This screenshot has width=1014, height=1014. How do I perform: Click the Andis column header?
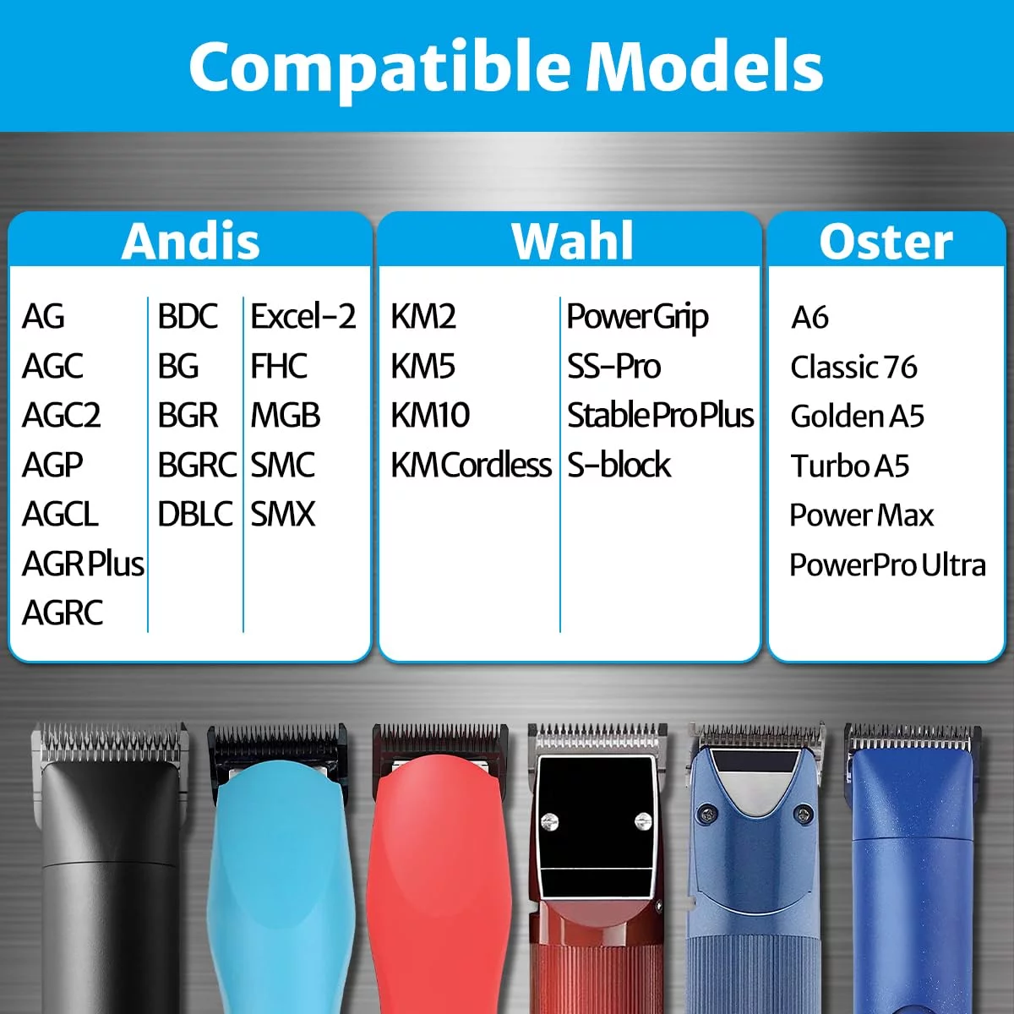[190, 242]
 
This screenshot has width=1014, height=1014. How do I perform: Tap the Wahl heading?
[572, 241]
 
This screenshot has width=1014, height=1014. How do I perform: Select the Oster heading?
[886, 242]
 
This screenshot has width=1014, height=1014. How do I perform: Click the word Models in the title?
[704, 68]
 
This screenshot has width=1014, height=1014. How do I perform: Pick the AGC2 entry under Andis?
[61, 415]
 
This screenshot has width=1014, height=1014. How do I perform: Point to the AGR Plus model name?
[83, 564]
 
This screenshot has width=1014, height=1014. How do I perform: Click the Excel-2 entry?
[303, 316]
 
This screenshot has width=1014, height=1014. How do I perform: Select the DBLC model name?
[195, 514]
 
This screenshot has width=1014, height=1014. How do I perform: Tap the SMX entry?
[282, 514]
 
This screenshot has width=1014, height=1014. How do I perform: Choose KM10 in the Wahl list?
[430, 415]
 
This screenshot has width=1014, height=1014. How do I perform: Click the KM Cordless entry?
[471, 465]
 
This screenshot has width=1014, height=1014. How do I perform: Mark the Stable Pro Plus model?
[661, 415]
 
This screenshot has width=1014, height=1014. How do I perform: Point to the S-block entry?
[619, 465]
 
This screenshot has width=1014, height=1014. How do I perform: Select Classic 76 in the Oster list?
[853, 367]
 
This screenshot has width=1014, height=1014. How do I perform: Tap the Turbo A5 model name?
[850, 466]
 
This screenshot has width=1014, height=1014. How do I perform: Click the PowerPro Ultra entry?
[888, 564]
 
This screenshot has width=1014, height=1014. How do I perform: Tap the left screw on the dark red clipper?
[549, 821]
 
